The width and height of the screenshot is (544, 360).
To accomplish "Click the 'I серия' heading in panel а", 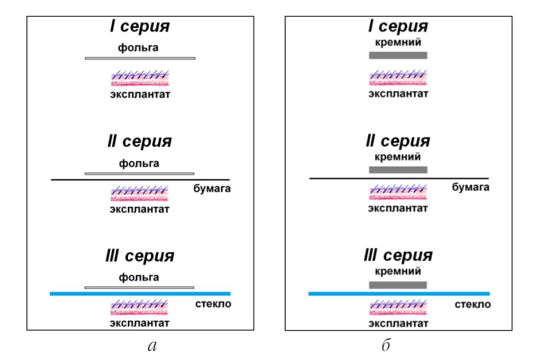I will coord(140,27).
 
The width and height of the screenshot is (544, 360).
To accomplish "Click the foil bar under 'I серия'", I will coord(140,58).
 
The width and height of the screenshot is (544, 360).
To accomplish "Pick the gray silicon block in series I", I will coord(398,55).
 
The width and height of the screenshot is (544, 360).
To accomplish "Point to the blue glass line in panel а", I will coord(140,294).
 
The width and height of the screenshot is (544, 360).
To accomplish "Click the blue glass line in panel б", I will coord(399,294).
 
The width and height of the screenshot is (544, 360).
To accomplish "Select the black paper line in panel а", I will coord(140,180).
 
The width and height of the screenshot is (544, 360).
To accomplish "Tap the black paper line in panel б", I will coord(399,178).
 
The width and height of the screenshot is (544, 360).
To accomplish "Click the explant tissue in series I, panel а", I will coord(140,78).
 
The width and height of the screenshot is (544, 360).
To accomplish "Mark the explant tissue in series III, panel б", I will coord(398,307).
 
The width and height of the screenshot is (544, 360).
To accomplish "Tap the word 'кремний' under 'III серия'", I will coord(398,272).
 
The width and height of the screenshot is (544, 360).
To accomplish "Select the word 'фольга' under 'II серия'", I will coord(139,164).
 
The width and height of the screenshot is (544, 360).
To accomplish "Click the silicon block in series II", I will coord(398,170).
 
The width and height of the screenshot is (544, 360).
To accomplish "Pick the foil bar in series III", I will coord(139,287).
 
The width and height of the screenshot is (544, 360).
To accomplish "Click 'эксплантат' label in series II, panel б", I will coord(398,209).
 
